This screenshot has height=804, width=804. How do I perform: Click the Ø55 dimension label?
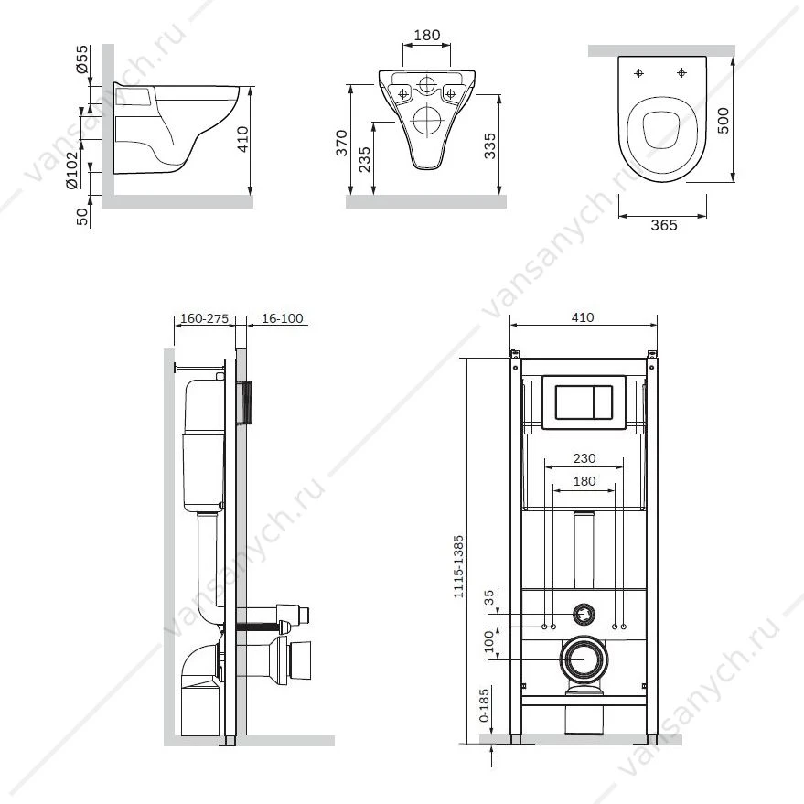pos(82,59)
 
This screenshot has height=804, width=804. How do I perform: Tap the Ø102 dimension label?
pos(72,170)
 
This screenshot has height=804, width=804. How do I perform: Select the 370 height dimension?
pos(342,143)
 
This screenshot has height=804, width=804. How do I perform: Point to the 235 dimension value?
pos(365,159)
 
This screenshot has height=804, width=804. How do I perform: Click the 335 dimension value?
pos(490,145)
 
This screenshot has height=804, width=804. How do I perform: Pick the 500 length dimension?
pos(723,121)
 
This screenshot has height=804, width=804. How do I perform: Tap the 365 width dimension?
pos(664,225)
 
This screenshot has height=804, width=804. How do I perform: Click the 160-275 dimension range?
pos(204,318)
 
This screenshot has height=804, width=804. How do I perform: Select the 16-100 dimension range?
pos(283,318)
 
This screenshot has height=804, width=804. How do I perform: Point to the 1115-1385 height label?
pos(458,566)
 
